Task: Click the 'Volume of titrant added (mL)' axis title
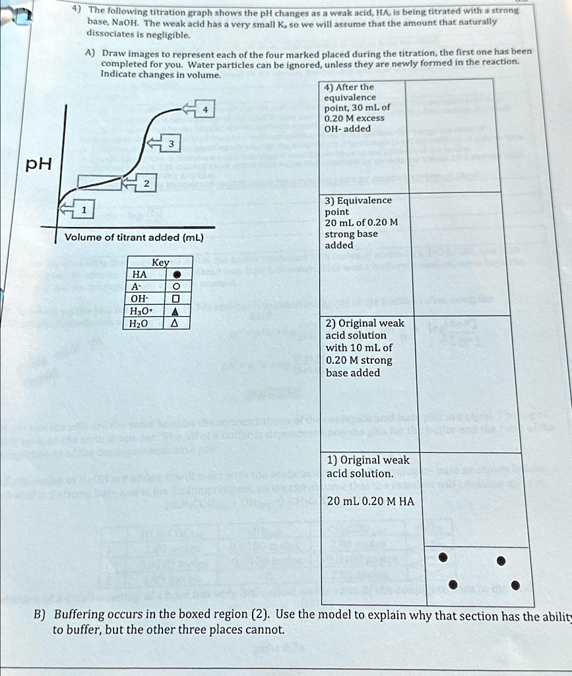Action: coord(134,238)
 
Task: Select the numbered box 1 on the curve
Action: coord(84,210)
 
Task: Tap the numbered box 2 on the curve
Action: coord(145,184)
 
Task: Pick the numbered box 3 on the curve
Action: coord(172,144)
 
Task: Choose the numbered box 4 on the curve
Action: coord(205,110)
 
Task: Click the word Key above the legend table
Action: coord(160,262)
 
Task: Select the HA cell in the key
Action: coord(139,275)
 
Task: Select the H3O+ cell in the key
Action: coord(141,311)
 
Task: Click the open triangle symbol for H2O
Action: coord(175,323)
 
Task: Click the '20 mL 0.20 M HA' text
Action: coord(370,501)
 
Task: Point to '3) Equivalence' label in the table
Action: coord(358,200)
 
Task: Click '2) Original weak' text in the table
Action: coord(365,323)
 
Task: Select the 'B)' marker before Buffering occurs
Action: coord(40,615)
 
